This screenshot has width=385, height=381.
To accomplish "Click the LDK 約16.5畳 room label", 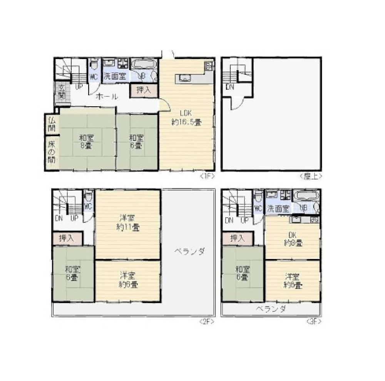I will click(186, 118).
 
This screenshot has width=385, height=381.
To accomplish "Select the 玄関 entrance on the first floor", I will click(62, 92).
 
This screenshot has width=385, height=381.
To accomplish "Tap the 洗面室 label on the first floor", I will click(115, 76).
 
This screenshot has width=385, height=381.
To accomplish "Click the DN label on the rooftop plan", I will click(230, 87).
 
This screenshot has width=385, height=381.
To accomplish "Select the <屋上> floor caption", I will click(310, 176).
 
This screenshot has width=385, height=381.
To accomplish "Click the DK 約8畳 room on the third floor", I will click(293, 239).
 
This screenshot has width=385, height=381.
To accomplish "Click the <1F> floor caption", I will click(207, 176).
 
